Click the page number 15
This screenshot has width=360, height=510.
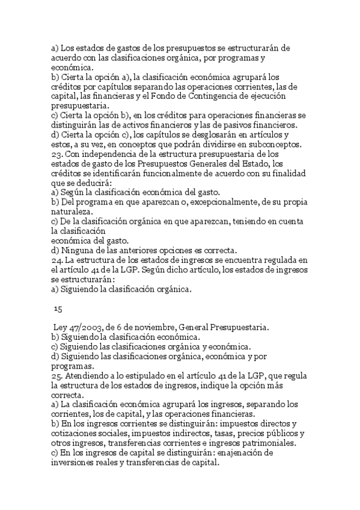(x=58, y=309)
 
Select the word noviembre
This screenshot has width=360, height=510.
(x=151, y=327)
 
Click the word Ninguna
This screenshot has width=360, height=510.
(x=79, y=250)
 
